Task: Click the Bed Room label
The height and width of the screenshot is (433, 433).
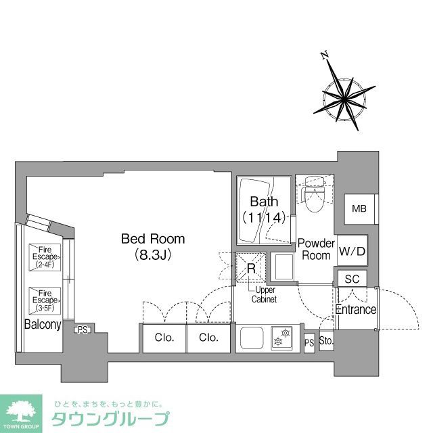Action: pos(152,239)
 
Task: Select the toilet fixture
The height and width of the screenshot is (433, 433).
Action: pos(315,197)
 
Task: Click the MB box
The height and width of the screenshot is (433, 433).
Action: pos(359,208)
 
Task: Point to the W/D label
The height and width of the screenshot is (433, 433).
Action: pos(352,250)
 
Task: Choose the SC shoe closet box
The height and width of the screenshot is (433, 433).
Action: pos(352,278)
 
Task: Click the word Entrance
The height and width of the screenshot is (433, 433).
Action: pos(356,310)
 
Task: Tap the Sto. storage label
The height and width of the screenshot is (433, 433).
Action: pos(326,342)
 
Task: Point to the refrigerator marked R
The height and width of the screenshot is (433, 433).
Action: pos(250,269)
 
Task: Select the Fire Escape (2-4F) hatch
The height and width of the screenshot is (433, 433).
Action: pos(46,257)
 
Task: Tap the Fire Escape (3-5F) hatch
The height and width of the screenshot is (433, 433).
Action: pos(46,298)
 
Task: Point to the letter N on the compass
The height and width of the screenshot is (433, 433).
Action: pos(324,57)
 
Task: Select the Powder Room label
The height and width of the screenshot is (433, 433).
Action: pos(317,249)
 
